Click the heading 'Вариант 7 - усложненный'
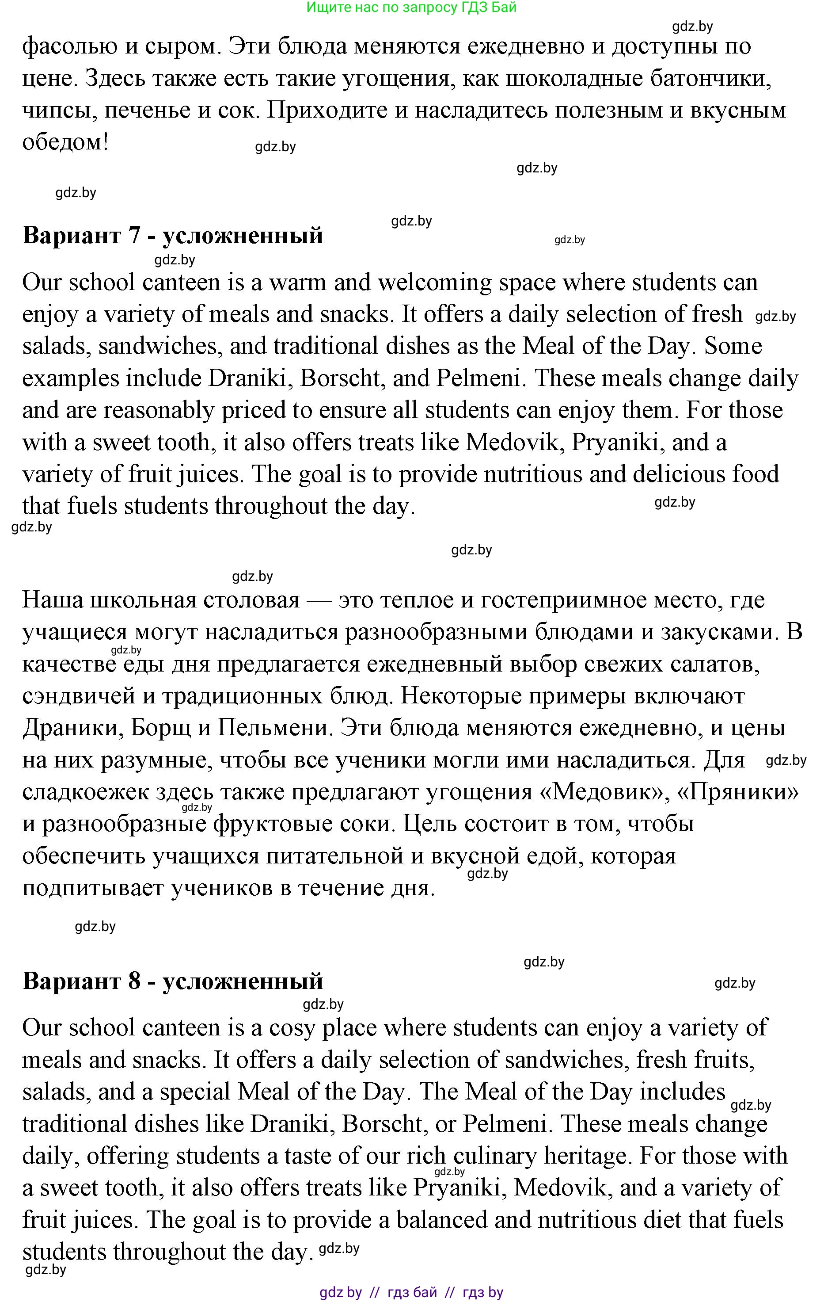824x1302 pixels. pyautogui.click(x=173, y=236)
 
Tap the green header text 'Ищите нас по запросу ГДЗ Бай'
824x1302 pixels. pyautogui.click(x=411, y=7)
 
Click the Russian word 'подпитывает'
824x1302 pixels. pyautogui.click(x=92, y=888)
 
